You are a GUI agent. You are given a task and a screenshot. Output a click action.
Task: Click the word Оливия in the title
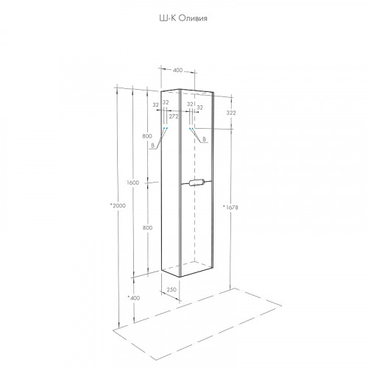click(x=193, y=18)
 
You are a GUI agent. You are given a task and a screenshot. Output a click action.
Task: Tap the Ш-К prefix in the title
click(x=168, y=18)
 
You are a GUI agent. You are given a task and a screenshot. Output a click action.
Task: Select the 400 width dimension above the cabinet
click(x=177, y=70)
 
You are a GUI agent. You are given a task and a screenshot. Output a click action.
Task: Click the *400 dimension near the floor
click(x=134, y=298)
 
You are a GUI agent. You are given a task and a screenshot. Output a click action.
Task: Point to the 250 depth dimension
click(x=171, y=289)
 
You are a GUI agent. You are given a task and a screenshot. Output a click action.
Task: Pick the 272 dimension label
click(x=174, y=116)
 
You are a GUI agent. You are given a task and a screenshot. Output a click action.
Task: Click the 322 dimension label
click(x=231, y=113)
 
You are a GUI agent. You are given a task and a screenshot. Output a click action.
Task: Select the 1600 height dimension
click(x=133, y=183)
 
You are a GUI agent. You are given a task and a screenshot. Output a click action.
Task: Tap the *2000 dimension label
click(x=118, y=205)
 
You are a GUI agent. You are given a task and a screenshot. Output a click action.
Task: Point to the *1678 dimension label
click(x=230, y=208)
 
